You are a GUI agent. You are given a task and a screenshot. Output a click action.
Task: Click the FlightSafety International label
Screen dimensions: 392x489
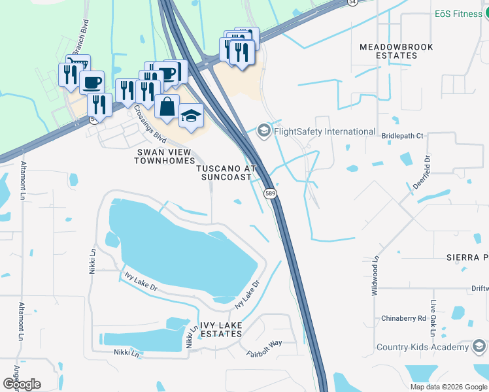point(324,131)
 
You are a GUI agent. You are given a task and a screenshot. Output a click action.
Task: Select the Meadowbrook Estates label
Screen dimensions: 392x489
point(388,51)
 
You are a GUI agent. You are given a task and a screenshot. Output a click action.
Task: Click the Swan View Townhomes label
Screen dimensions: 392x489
point(165,156)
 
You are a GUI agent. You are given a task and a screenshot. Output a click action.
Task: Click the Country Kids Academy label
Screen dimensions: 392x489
point(423,347)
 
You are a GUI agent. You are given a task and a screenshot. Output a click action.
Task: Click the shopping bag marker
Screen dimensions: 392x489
point(167,107)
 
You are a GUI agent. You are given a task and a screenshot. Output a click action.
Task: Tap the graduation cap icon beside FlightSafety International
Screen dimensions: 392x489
point(263,131)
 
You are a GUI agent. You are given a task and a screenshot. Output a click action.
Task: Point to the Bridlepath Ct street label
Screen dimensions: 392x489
point(402,136)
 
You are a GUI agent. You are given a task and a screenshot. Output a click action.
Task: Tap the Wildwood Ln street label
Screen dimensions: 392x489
point(375,275)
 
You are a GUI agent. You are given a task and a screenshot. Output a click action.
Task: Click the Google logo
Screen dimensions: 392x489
point(22,384)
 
